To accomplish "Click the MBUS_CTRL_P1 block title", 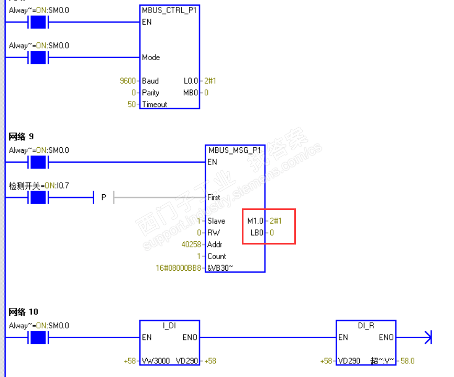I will click(170, 10).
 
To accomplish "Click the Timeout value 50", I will click(132, 104).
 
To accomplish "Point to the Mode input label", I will click(151, 58).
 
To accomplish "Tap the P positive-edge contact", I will click(104, 197).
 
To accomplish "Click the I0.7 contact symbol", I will click(38, 197).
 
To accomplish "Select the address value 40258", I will click(192, 245).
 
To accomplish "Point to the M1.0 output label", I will click(256, 221).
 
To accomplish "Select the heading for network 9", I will click(21, 137).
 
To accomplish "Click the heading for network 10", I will click(23, 312).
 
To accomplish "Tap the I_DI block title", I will click(169, 326).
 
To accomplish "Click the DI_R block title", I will click(366, 326).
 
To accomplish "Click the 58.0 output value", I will click(408, 361).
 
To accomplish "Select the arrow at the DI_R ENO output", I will click(427, 338).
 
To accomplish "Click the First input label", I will click(214, 198).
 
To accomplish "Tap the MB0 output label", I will click(191, 93).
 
